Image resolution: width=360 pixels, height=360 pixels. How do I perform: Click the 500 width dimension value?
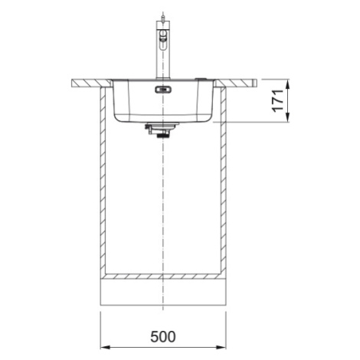click(163, 336)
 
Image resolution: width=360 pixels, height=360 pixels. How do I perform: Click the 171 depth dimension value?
click(277, 100)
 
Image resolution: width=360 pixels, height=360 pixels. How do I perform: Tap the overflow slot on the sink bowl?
click(163, 90)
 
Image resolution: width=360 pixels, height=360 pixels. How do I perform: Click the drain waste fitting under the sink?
click(162, 130)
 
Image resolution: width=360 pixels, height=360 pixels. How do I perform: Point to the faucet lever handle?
click(162, 41)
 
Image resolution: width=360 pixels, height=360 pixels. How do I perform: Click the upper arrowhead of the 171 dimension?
click(288, 83)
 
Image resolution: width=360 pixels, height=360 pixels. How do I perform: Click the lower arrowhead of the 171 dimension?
click(288, 117)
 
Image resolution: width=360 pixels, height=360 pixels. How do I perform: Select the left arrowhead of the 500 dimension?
click(105, 347)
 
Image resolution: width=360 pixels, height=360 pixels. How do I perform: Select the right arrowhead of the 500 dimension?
click(221, 347)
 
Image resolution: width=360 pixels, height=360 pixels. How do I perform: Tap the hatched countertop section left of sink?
click(91, 83)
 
